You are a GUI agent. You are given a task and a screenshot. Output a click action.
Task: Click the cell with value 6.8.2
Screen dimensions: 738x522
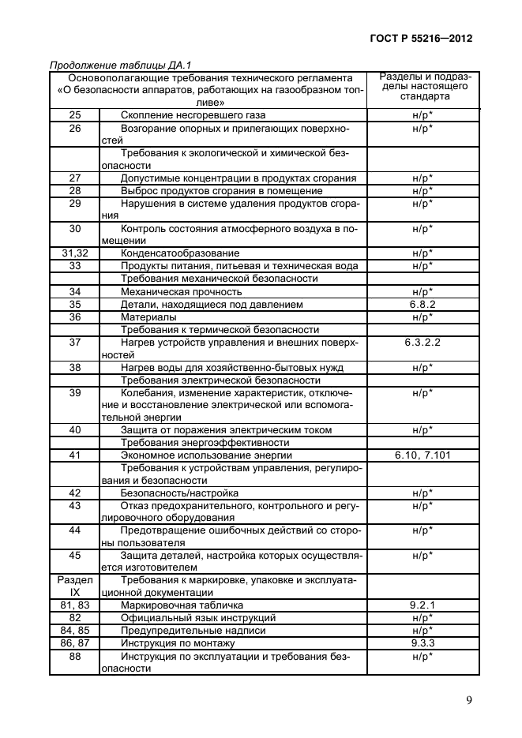click(422, 304)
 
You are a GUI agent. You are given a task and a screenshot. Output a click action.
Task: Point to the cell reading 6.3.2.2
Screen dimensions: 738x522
click(422, 343)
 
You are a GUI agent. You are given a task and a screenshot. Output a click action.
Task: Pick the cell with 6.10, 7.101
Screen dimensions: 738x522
click(422, 455)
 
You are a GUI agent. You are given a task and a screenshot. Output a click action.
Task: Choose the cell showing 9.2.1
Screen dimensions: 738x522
click(422, 604)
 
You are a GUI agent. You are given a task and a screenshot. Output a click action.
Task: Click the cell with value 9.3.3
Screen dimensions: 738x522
click(422, 642)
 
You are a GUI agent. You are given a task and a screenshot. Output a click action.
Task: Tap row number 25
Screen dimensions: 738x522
click(76, 114)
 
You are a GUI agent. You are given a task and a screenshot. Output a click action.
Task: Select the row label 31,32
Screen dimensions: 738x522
click(76, 253)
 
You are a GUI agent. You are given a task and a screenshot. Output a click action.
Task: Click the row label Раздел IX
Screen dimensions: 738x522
click(76, 585)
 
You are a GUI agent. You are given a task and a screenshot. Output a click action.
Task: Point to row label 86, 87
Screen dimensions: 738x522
click(76, 642)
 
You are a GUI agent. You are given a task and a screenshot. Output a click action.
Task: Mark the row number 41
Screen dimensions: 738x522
click(76, 455)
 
